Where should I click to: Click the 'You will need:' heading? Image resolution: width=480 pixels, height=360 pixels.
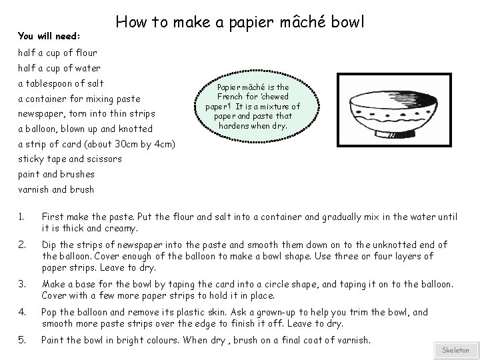tap(49, 35)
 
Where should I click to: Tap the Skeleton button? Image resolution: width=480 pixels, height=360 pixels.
tap(455, 350)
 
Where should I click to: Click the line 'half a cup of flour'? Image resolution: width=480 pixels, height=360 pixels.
tap(57, 53)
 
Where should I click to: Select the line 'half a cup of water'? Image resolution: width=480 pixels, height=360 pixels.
tap(59, 68)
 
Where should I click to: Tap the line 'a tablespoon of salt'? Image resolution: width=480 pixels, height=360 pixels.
tap(61, 83)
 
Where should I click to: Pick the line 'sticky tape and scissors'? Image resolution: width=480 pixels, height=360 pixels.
tap(70, 159)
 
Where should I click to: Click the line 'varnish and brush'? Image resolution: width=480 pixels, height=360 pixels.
tap(56, 189)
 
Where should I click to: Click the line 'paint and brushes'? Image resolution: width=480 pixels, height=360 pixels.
tap(56, 174)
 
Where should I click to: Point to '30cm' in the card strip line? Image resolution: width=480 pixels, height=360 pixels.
tap(125, 144)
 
